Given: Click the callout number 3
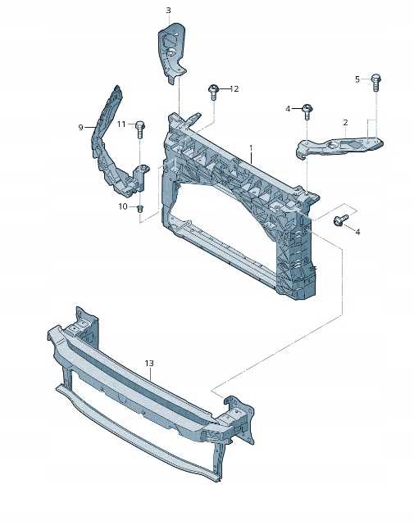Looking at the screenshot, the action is (x=168, y=11).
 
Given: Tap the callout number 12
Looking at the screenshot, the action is (x=234, y=89).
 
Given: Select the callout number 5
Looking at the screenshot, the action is (x=357, y=79).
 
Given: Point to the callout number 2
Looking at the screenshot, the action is (x=346, y=123).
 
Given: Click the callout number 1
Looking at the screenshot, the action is (x=251, y=147).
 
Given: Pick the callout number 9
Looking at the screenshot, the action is (x=80, y=128).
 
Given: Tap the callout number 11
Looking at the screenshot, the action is (x=121, y=124).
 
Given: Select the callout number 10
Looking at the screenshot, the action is (x=123, y=206).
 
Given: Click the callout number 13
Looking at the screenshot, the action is (x=149, y=364).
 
